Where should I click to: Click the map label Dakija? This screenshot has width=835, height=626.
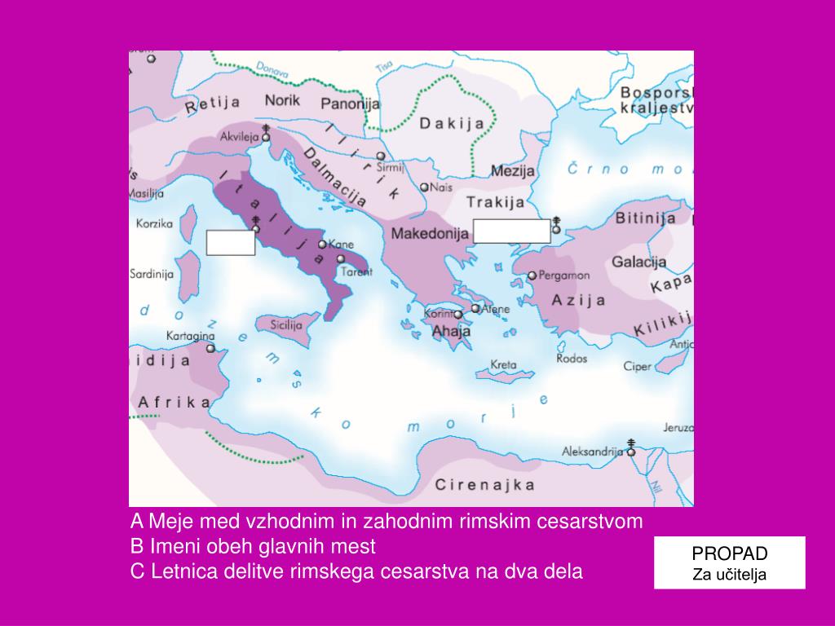452,124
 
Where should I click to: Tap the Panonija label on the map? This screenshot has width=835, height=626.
350,104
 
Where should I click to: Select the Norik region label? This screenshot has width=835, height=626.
282,100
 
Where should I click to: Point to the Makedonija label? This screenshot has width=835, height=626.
429,233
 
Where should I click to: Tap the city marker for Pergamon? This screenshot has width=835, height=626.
532,276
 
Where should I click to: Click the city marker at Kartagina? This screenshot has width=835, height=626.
211,348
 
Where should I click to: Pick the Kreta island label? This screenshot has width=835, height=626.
502,365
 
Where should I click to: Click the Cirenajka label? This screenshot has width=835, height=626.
484,486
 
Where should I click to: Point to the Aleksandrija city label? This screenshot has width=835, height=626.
592,451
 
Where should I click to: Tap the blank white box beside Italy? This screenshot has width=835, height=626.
231,243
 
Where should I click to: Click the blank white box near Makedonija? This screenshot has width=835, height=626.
511,231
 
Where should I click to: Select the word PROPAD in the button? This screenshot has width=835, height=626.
730,554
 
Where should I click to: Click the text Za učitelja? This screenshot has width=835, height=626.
730,575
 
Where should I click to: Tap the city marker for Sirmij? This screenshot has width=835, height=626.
381,156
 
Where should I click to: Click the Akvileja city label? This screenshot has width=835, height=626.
238,137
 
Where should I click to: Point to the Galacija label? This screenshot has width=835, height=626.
638,262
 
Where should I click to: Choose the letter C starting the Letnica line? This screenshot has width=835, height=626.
137,571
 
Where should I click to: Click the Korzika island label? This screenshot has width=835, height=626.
155,223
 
